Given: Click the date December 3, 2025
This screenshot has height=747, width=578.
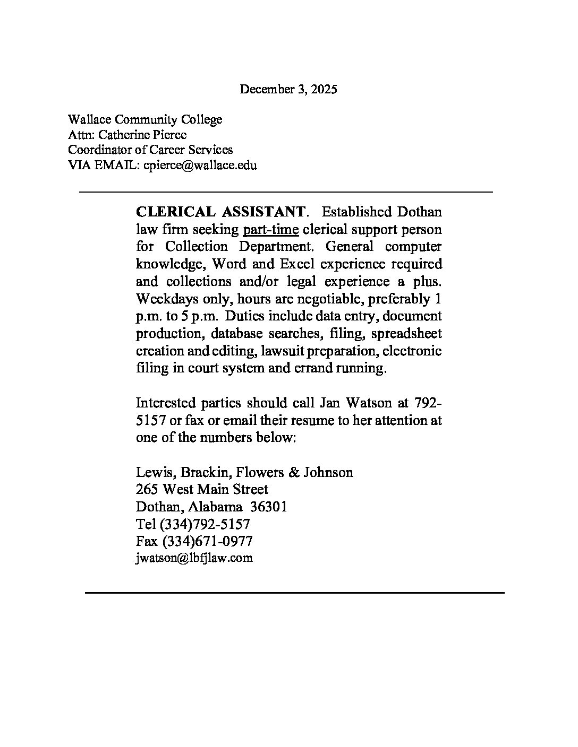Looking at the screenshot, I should pos(288,89).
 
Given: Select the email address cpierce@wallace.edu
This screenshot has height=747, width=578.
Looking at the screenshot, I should pos(200,166).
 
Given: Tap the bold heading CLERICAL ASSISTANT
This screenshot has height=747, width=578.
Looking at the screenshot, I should pos(221,212).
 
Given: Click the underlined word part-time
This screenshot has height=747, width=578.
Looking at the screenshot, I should pos(270,230).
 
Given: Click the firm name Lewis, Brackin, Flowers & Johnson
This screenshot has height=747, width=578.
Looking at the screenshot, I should pos(244,472).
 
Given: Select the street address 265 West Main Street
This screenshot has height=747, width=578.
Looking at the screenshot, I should pos(202,489).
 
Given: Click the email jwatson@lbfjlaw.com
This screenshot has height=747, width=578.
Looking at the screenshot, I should pos(194,558).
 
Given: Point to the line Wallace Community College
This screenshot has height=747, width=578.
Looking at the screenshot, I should pos(145,119).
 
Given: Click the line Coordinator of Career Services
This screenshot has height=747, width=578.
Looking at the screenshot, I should pos(150,150).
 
